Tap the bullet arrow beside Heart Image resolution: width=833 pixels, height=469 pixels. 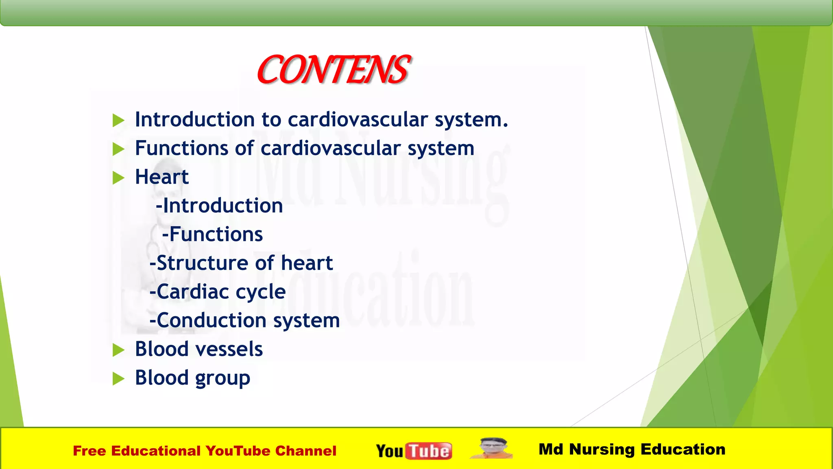click(x=118, y=178)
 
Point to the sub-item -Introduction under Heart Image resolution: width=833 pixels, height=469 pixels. click(x=219, y=206)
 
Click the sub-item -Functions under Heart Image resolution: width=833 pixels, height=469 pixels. click(x=212, y=234)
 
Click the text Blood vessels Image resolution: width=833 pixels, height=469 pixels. click(x=198, y=349)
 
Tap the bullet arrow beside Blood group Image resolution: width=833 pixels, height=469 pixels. click(x=118, y=379)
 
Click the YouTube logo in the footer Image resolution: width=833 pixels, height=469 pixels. click(x=414, y=451)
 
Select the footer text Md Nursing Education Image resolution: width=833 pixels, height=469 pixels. click(x=632, y=449)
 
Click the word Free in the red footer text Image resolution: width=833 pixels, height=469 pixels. click(x=89, y=451)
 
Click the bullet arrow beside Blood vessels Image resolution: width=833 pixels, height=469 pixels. click(x=118, y=350)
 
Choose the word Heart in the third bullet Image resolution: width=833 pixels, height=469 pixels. click(x=161, y=177)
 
